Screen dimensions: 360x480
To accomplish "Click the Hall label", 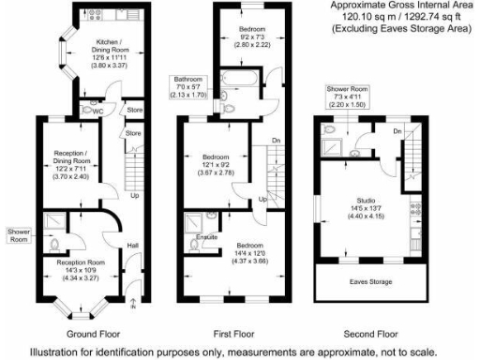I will click(x=133, y=246).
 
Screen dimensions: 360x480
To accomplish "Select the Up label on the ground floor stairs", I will click(x=135, y=196).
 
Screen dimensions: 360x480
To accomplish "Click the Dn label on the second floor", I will click(x=397, y=130).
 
